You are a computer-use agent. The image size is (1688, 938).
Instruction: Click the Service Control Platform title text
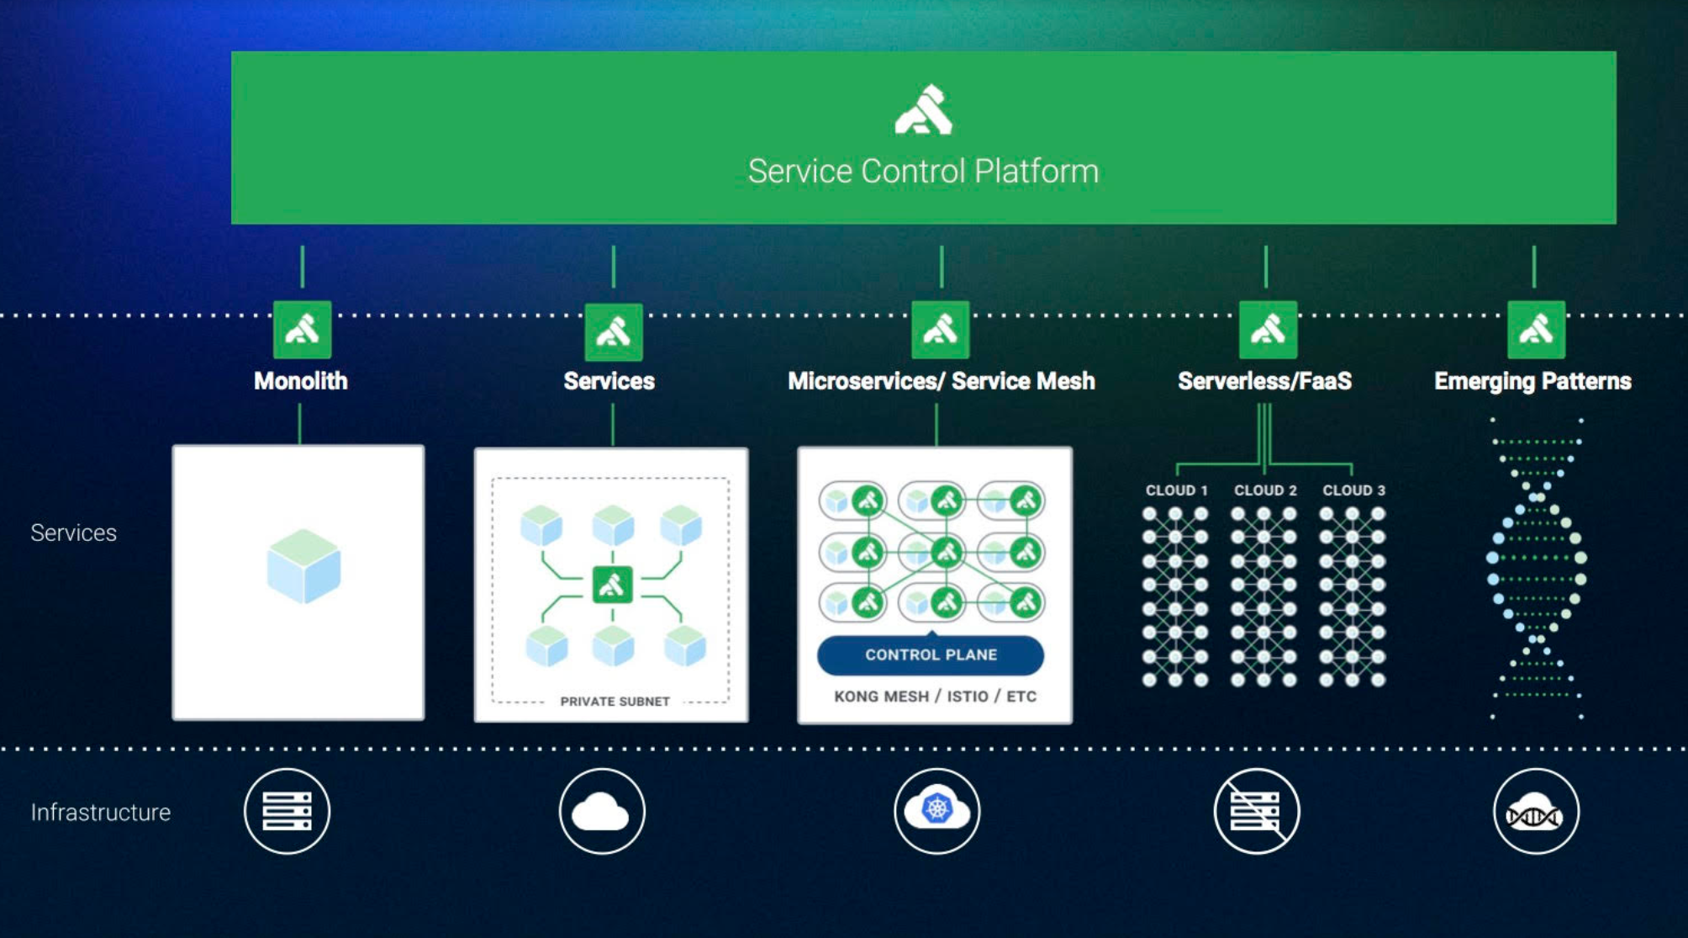923,172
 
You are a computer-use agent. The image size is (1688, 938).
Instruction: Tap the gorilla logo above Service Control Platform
923,110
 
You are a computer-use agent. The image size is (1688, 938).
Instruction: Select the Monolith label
301,381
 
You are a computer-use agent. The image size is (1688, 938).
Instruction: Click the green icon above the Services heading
613,331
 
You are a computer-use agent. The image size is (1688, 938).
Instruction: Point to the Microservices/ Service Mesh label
941,381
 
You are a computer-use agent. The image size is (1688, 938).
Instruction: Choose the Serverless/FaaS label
1264,381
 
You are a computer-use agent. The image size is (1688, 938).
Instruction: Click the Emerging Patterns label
1532,381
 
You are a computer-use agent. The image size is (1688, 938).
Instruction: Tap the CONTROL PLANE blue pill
931,654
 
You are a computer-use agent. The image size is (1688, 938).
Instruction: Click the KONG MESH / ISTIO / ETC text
935,697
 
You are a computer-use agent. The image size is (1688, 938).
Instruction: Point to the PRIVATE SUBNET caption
615,702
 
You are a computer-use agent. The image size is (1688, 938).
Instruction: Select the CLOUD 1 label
1176,490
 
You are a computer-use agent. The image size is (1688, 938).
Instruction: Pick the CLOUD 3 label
1353,490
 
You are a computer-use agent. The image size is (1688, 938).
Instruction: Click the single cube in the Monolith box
303,566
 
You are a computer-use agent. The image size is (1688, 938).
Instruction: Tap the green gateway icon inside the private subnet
612,585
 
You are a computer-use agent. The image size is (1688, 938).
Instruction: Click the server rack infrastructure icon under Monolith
287,811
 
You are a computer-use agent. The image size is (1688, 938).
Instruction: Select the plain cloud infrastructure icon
602,811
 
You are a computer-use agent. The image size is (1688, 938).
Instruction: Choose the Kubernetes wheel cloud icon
936,810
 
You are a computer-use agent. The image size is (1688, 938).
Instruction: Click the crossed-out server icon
1257,811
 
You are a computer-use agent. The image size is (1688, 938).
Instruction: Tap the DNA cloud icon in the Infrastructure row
1536,812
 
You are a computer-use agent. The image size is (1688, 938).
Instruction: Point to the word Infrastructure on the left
101,813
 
